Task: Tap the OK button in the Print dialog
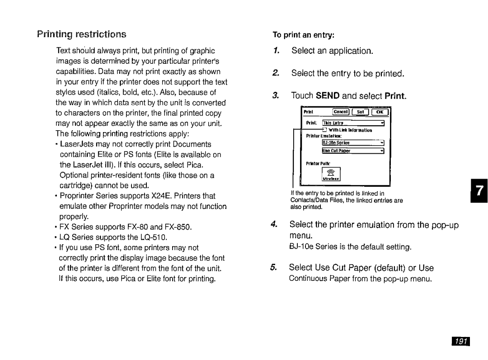(380, 112)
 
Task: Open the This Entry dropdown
(353, 123)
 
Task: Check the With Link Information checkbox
(325, 130)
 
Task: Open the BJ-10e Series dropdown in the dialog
(353, 142)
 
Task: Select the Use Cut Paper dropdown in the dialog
(353, 151)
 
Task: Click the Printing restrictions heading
(82, 34)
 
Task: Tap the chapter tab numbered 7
(479, 191)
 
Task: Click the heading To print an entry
(303, 35)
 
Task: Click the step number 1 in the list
(276, 51)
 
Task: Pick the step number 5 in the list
(273, 268)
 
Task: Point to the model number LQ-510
(154, 237)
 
